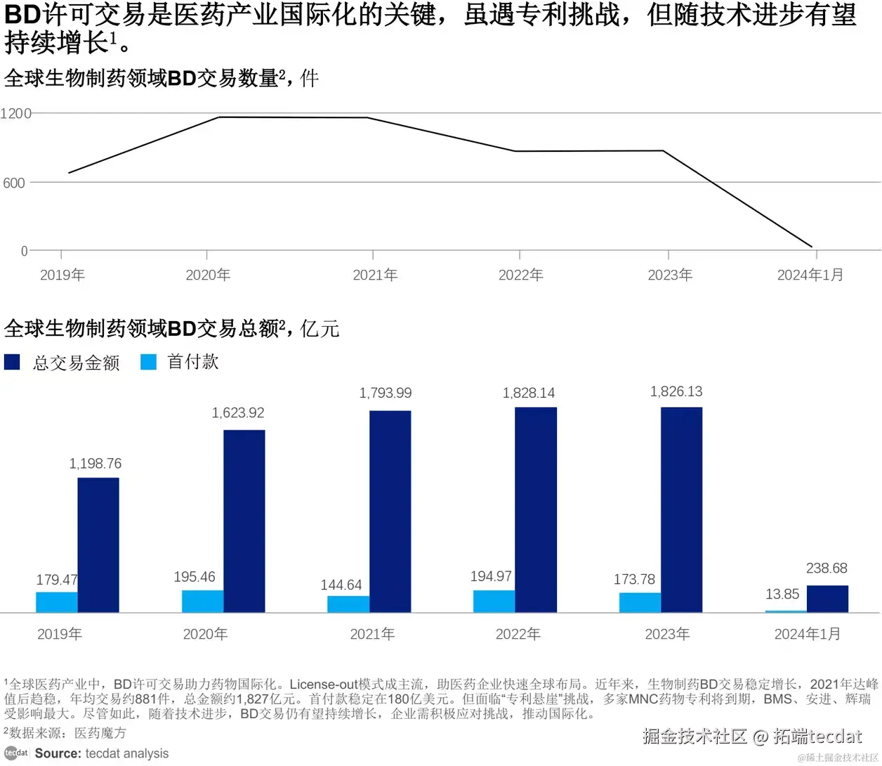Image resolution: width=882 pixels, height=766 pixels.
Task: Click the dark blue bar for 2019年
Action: tap(98, 545)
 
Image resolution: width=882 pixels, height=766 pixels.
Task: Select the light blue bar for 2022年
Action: tap(494, 601)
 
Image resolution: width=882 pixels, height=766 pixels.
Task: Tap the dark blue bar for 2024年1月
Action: tap(827, 599)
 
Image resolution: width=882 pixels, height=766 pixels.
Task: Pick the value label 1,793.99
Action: tap(386, 393)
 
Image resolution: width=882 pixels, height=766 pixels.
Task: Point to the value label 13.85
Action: tap(782, 594)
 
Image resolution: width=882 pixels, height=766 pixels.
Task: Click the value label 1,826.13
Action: tap(676, 391)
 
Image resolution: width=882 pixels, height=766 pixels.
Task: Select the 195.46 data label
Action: tap(195, 577)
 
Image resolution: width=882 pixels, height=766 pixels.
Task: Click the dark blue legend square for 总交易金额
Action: tap(12, 362)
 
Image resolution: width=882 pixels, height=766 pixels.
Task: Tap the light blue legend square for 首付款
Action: tap(148, 362)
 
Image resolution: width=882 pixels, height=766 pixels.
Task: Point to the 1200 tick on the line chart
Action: tap(16, 113)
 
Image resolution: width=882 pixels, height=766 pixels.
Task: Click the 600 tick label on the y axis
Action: tap(14, 183)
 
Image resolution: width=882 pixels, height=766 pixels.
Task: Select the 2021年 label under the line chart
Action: tap(375, 275)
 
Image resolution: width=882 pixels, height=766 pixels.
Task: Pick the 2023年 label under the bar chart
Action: tap(667, 634)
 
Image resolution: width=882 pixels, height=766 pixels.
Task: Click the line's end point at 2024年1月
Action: tap(812, 247)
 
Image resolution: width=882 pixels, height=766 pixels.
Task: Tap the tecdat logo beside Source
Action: tap(16, 753)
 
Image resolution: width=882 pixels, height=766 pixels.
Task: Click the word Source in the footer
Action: tap(58, 753)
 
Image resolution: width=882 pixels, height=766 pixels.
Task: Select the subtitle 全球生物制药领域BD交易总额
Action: tap(141, 328)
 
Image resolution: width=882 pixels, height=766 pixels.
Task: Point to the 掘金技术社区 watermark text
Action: tap(694, 736)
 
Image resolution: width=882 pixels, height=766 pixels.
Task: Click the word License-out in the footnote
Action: tap(324, 684)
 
